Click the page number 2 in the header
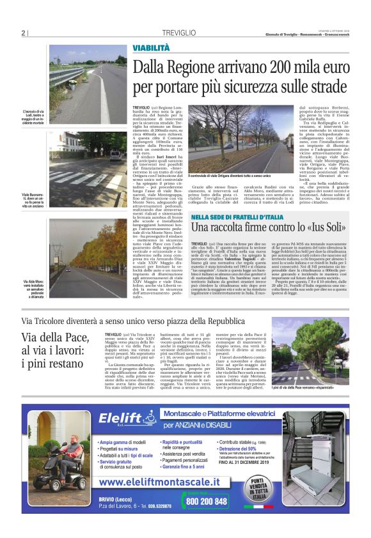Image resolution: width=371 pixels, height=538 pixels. pyautogui.click(x=23, y=33)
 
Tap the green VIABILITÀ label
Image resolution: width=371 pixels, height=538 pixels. pyautogui.click(x=152, y=49)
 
